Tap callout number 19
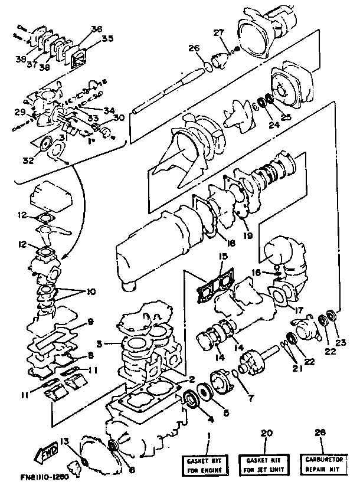point(247,235)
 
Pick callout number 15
point(222,257)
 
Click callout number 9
point(90,322)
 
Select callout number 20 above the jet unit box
point(266,432)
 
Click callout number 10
point(90,292)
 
